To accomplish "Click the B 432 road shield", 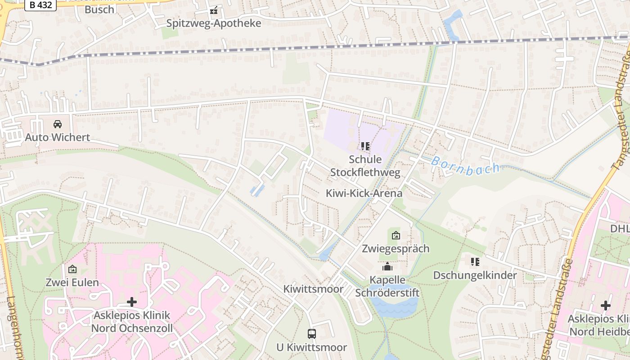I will point(40,5).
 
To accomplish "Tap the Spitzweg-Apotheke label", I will point(213,23).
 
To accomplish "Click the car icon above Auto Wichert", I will point(58,124).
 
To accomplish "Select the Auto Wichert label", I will point(58,137).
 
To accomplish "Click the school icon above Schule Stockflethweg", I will point(365,146).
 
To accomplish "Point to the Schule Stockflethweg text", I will point(365,166).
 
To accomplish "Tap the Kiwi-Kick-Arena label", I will point(364,193).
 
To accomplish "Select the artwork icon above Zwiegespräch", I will point(396,235).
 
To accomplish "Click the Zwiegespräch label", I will point(396,248).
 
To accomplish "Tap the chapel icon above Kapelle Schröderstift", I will point(387,267).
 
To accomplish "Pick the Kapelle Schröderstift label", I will point(387,286).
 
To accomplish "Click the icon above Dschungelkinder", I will point(475,262).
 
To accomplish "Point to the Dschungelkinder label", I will point(475,275).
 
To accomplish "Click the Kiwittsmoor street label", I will point(313,289).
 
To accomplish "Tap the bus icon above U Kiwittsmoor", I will point(312,334).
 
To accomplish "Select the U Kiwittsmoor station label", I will point(312,347).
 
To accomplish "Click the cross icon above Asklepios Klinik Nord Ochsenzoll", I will point(132,302).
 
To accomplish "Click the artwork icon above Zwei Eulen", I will point(72,270).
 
